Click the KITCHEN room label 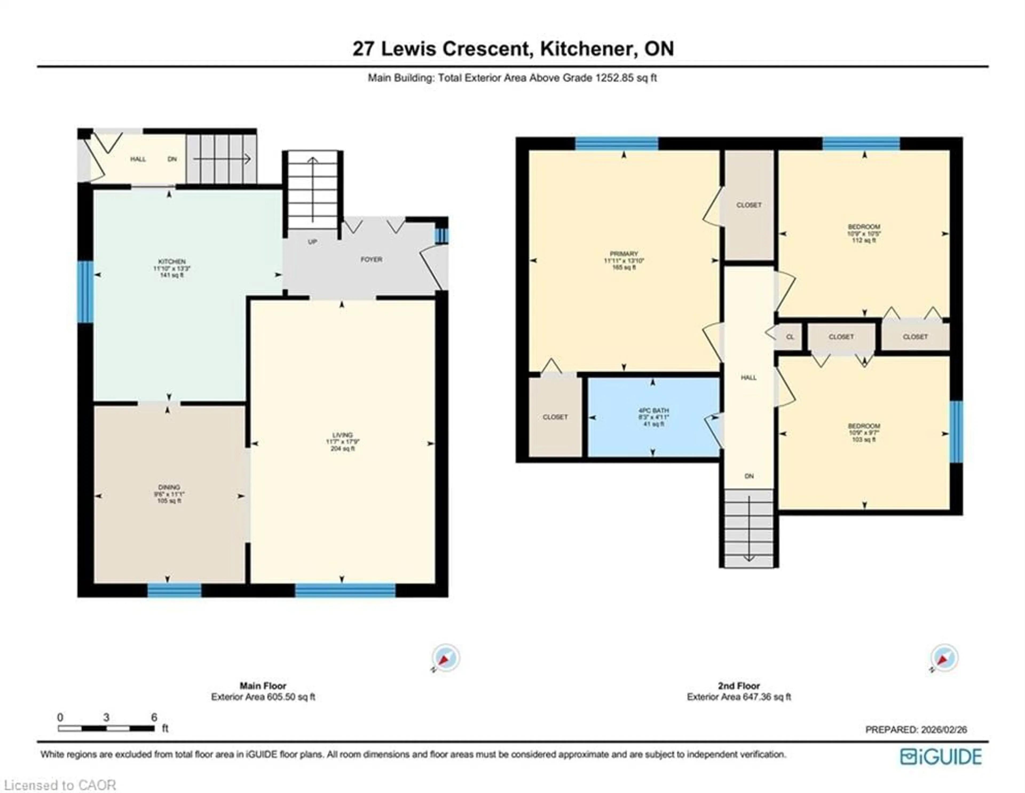(172, 261)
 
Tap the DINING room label (169, 487)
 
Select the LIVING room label (342, 435)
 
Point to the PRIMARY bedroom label (624, 254)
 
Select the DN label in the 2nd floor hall (749, 476)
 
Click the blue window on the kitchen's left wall (85, 292)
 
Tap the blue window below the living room (345, 590)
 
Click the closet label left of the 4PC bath (555, 417)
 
